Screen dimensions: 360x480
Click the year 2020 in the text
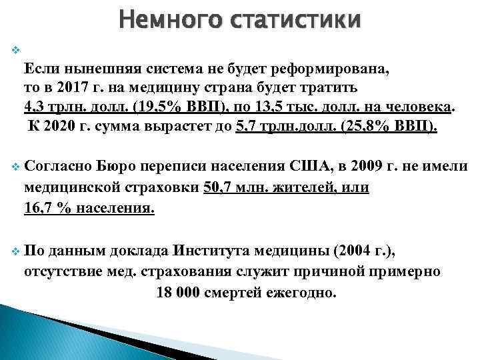[x=61, y=126]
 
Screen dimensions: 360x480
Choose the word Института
[x=214, y=251]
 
